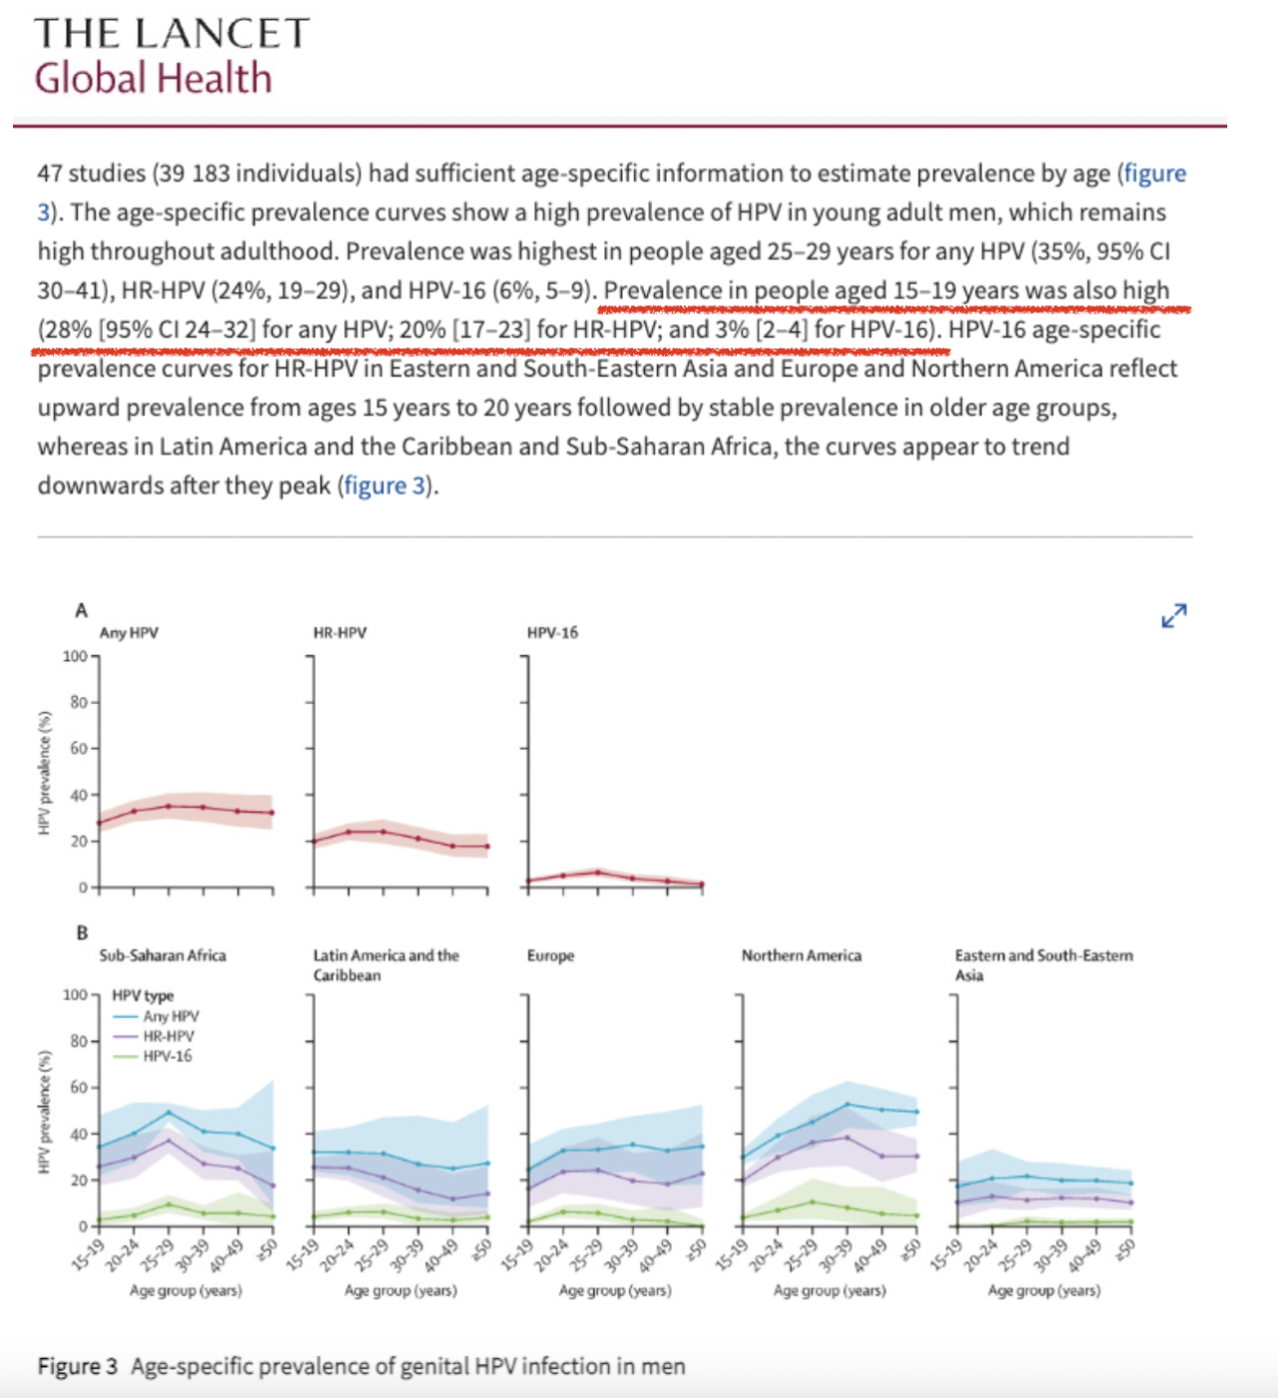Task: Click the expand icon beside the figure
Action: (x=1174, y=616)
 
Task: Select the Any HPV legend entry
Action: (x=170, y=1017)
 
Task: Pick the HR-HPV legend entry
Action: (x=168, y=1037)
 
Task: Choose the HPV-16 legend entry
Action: (x=167, y=1056)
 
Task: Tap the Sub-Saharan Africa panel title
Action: (x=162, y=956)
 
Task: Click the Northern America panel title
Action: (x=801, y=956)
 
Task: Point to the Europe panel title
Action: (x=550, y=956)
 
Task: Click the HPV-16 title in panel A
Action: (x=552, y=633)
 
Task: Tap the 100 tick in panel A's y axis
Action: (x=75, y=656)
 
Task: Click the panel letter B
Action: (x=82, y=933)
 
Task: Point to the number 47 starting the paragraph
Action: (x=50, y=174)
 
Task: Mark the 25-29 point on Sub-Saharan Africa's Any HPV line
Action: (x=168, y=1112)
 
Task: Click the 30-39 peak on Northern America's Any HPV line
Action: (x=847, y=1104)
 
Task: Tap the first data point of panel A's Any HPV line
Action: (x=99, y=823)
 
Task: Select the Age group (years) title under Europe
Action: (x=615, y=1290)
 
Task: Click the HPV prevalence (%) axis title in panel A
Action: (x=44, y=773)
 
